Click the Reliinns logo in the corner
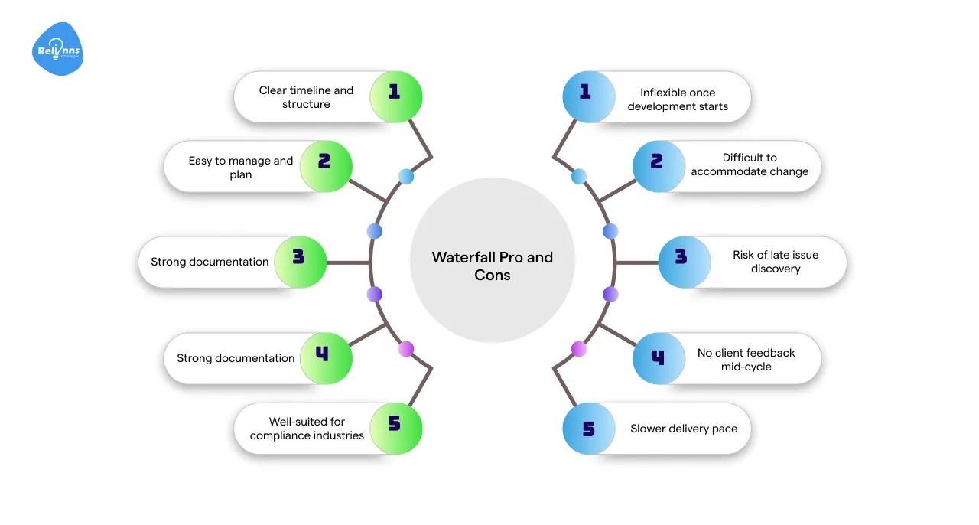click(x=58, y=51)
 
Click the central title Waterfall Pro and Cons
click(x=492, y=266)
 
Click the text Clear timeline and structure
click(x=306, y=97)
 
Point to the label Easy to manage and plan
click(x=241, y=168)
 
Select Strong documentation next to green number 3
click(x=210, y=262)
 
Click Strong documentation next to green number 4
click(x=236, y=358)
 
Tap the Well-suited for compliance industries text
click(x=307, y=429)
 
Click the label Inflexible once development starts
click(x=678, y=99)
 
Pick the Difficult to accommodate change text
click(x=750, y=165)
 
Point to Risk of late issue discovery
click(x=775, y=262)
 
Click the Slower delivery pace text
click(x=684, y=429)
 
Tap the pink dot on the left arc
click(x=406, y=349)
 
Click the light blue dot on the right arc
click(x=579, y=177)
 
